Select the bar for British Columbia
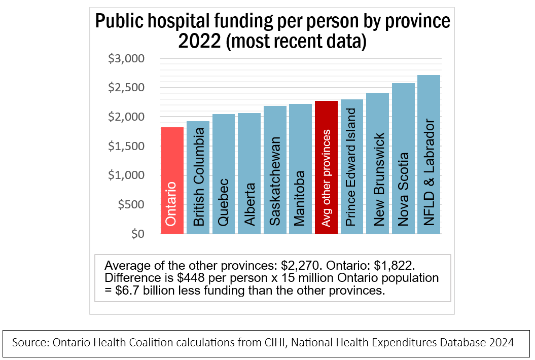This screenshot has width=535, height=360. (x=198, y=177)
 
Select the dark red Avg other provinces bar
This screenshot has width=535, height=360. (x=326, y=167)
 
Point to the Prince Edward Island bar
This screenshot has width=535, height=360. (x=351, y=167)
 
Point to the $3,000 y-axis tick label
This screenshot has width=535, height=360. (x=127, y=59)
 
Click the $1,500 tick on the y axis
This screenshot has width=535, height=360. (x=127, y=147)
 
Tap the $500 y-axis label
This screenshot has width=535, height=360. (x=131, y=205)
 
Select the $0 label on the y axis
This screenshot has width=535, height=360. (x=138, y=234)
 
